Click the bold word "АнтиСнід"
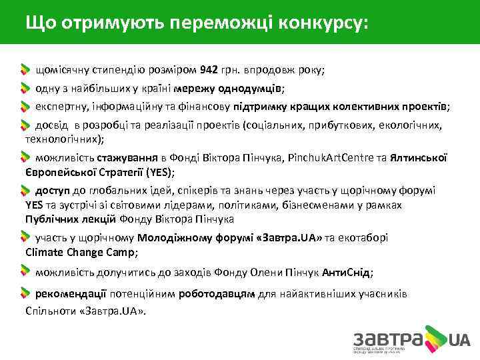click(x=346, y=273)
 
